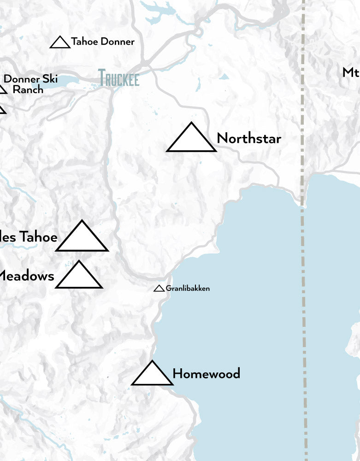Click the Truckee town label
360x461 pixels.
[118, 78]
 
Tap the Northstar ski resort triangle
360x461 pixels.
[191, 140]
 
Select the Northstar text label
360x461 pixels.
[248, 138]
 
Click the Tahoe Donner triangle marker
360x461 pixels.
[59, 43]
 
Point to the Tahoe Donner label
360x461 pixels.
[103, 42]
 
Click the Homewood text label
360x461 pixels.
[206, 373]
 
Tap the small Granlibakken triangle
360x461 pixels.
[159, 289]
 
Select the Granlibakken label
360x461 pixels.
[188, 289]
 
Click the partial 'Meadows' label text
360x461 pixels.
[27, 276]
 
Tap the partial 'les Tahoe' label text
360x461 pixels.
[29, 237]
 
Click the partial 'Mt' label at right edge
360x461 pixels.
[351, 72]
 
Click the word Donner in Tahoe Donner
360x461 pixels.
[118, 42]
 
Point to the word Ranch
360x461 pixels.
[28, 89]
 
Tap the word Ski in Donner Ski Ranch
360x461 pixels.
[49, 79]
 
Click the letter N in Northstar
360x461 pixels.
[221, 138]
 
